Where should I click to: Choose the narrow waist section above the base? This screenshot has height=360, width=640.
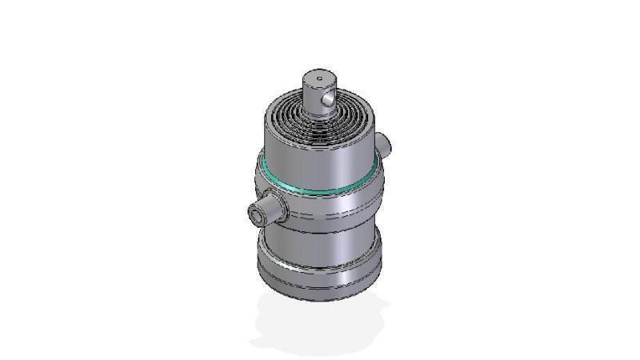[x=320, y=244]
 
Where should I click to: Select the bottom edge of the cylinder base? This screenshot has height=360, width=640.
[x=320, y=298]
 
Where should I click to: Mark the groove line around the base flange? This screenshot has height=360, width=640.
[x=320, y=282]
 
